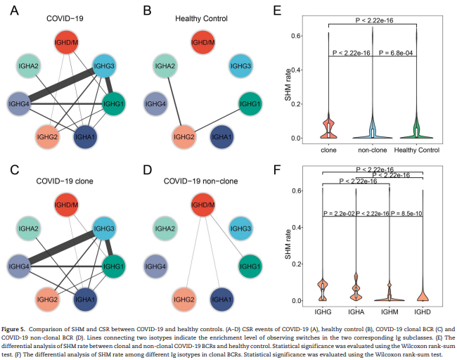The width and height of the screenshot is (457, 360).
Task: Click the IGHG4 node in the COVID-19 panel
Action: (19, 105)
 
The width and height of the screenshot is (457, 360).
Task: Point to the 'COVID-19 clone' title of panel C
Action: (66, 182)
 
